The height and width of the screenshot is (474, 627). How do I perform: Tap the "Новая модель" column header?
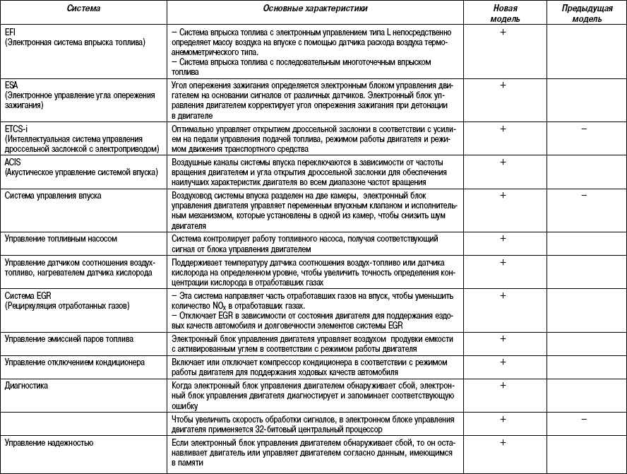coord(505,13)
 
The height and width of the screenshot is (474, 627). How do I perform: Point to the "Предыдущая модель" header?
coord(582,13)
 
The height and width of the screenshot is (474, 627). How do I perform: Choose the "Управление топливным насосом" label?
coord(60,239)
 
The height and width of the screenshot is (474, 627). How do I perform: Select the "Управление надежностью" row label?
coord(49,443)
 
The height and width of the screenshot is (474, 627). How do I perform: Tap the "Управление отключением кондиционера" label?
coord(74,362)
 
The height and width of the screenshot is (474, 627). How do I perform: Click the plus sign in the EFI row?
coord(503,33)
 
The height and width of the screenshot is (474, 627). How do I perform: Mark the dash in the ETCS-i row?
coord(584,130)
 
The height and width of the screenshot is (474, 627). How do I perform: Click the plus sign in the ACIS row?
coord(503,162)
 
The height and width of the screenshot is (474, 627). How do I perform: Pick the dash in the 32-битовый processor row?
coord(584,420)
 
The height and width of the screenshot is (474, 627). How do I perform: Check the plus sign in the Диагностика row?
coord(503,386)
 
